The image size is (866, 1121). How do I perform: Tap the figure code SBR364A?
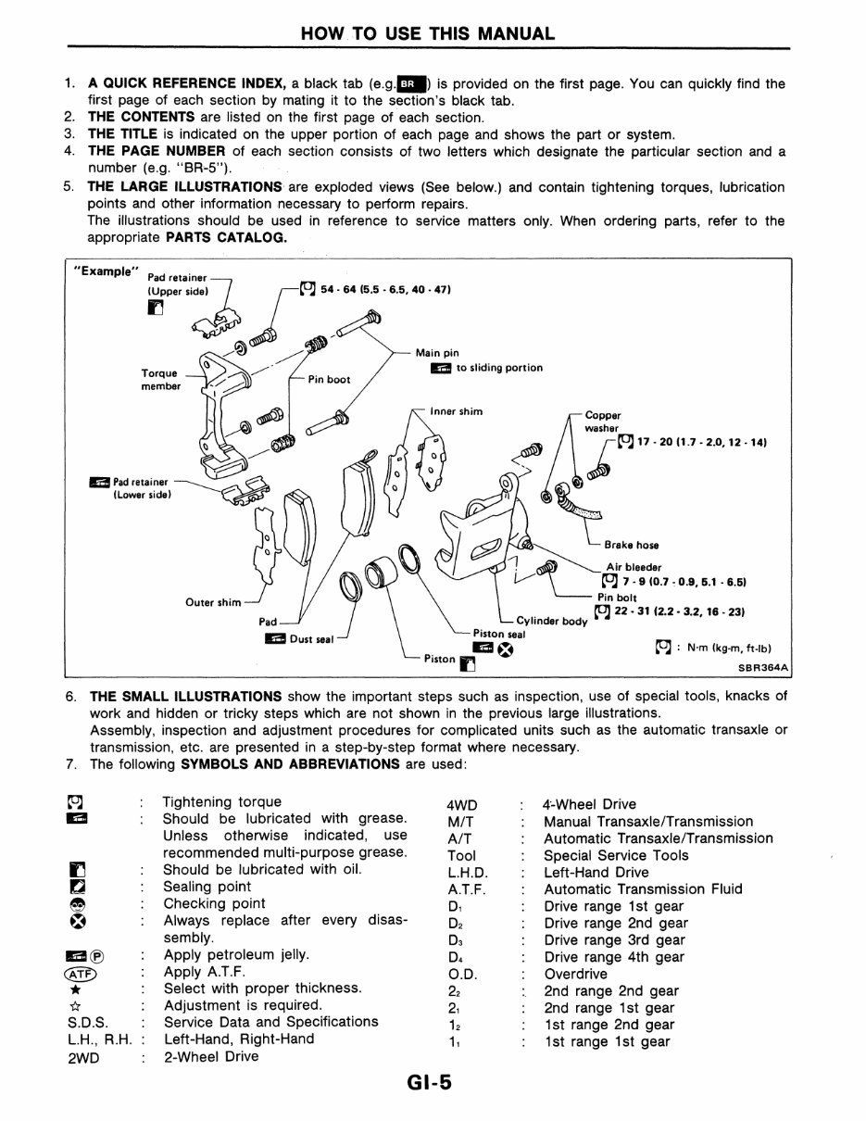[x=762, y=666]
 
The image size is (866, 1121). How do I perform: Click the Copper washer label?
[x=603, y=422]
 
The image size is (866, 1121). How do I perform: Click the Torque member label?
[x=160, y=380]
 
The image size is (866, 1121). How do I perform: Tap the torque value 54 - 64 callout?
[x=384, y=290]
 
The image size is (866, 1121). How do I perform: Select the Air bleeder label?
[x=634, y=568]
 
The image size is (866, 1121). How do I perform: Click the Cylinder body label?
[x=551, y=621]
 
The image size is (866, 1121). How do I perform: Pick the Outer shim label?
[x=213, y=602]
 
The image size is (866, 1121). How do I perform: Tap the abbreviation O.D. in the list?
[x=461, y=975]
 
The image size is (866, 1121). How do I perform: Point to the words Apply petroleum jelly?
[x=236, y=955]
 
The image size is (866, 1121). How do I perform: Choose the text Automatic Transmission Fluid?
[x=643, y=889]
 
